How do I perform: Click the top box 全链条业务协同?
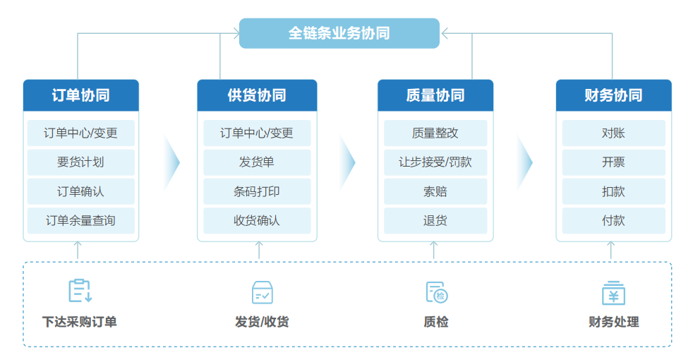[339, 33]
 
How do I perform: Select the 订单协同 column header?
[80, 95]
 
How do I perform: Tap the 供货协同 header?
[257, 95]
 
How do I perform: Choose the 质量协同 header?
[435, 95]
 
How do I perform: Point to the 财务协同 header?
[613, 95]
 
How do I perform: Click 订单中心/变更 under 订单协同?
[80, 133]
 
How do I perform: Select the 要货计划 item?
[80, 162]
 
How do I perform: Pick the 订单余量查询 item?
[80, 220]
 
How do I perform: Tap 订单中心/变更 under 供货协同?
[257, 133]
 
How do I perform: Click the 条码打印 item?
[257, 191]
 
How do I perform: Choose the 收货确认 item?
[257, 220]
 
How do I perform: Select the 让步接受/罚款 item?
[435, 162]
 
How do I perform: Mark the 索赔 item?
[435, 191]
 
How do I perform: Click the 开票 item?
[613, 162]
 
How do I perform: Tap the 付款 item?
[613, 220]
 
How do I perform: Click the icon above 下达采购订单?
[80, 291]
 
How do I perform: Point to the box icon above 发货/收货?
[262, 292]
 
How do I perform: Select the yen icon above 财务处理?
[613, 292]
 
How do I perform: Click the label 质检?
[436, 322]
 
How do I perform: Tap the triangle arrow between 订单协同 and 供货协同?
[171, 162]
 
